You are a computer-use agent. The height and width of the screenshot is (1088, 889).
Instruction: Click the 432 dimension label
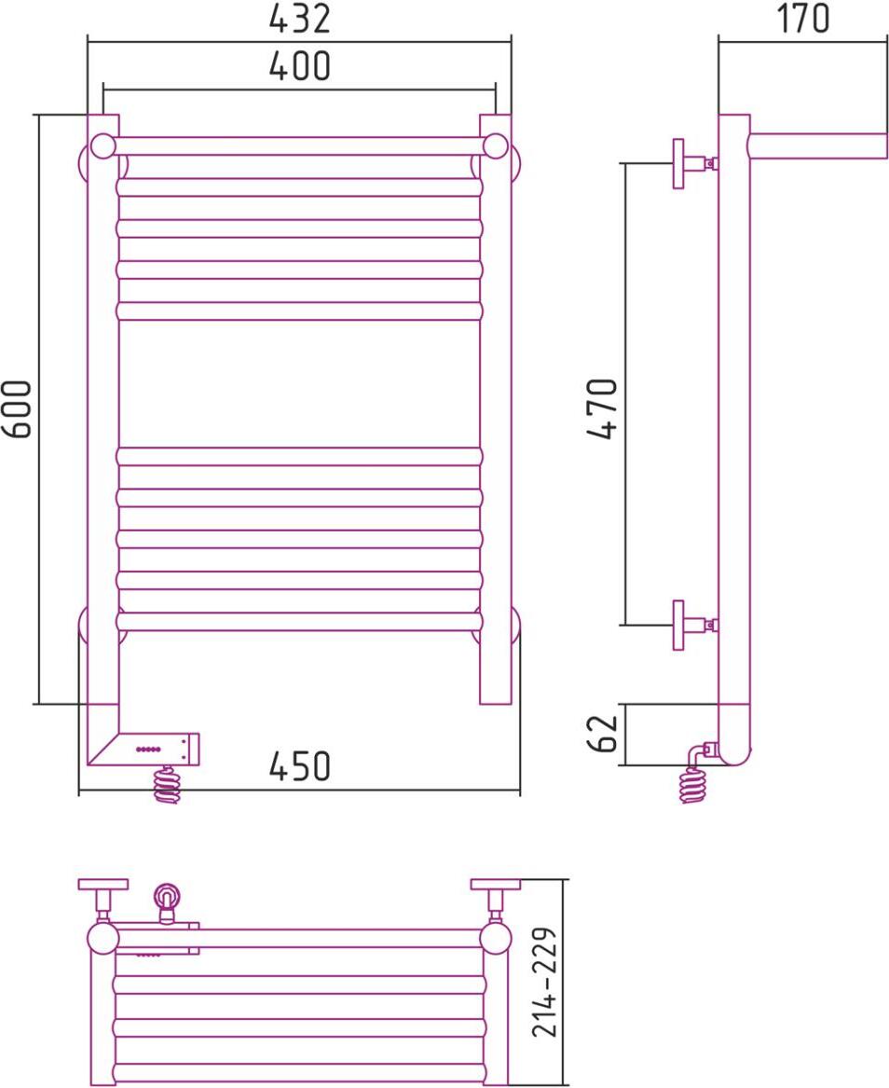(299, 19)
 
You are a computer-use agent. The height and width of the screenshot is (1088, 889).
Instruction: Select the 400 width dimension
(299, 66)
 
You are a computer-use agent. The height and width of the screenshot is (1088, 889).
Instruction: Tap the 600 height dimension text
(18, 408)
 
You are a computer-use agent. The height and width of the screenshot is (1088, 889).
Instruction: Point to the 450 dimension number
(299, 766)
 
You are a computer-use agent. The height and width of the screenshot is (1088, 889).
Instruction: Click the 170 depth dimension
(802, 19)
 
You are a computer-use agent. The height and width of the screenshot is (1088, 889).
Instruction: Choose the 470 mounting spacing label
(602, 408)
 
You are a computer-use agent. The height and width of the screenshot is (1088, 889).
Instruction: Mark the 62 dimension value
(602, 734)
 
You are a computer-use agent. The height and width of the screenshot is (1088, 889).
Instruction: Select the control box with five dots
(158, 749)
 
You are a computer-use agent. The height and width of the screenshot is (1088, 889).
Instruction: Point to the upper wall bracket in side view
(693, 164)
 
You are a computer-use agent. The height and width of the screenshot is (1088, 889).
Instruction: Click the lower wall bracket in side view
(693, 626)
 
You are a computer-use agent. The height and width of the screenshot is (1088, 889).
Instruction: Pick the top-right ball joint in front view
(496, 146)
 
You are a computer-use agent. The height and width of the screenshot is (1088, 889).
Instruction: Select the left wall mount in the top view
(103, 900)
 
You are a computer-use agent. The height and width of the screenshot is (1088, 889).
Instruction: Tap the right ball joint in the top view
(495, 938)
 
